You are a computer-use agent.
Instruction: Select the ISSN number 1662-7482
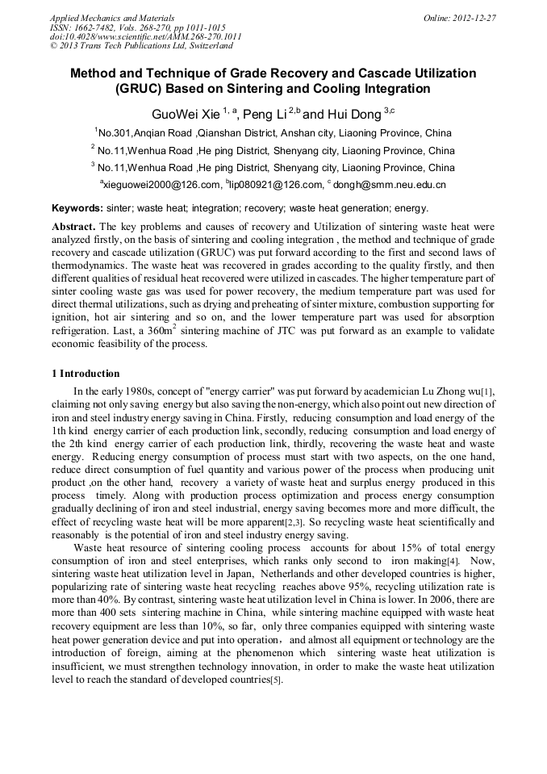pyautogui.click(x=95, y=27)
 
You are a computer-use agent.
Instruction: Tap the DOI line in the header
pyautogui.click(x=145, y=36)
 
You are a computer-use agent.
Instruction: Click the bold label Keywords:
pyautogui.click(x=77, y=207)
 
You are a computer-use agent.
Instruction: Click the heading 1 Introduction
pyautogui.click(x=86, y=374)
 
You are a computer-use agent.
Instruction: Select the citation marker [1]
pyautogui.click(x=488, y=392)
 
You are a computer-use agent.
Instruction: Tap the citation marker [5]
pyautogui.click(x=276, y=680)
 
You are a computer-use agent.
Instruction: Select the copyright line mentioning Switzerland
pyautogui.click(x=141, y=46)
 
